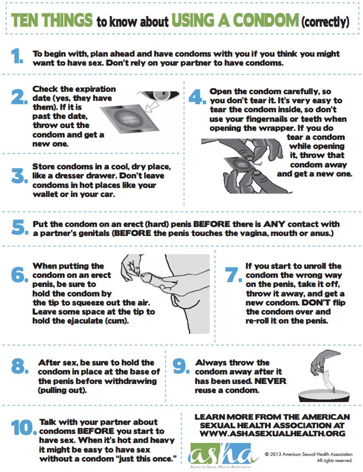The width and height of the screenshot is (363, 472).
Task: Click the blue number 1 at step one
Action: tap(17, 56)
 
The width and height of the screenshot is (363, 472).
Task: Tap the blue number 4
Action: tap(197, 97)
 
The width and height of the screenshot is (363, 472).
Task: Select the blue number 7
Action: tap(234, 275)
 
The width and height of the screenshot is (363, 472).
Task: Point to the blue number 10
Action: tap(23, 427)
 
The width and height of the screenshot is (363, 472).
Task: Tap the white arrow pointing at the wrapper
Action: tap(151, 107)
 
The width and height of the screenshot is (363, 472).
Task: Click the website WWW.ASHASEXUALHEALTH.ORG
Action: tap(272, 433)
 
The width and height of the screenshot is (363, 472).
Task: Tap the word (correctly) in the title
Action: tap(325, 21)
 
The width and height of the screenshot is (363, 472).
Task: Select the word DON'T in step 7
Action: tap(317, 303)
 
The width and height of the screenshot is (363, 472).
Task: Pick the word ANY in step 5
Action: tap(274, 224)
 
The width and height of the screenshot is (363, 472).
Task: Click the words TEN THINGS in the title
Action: tap(52, 20)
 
